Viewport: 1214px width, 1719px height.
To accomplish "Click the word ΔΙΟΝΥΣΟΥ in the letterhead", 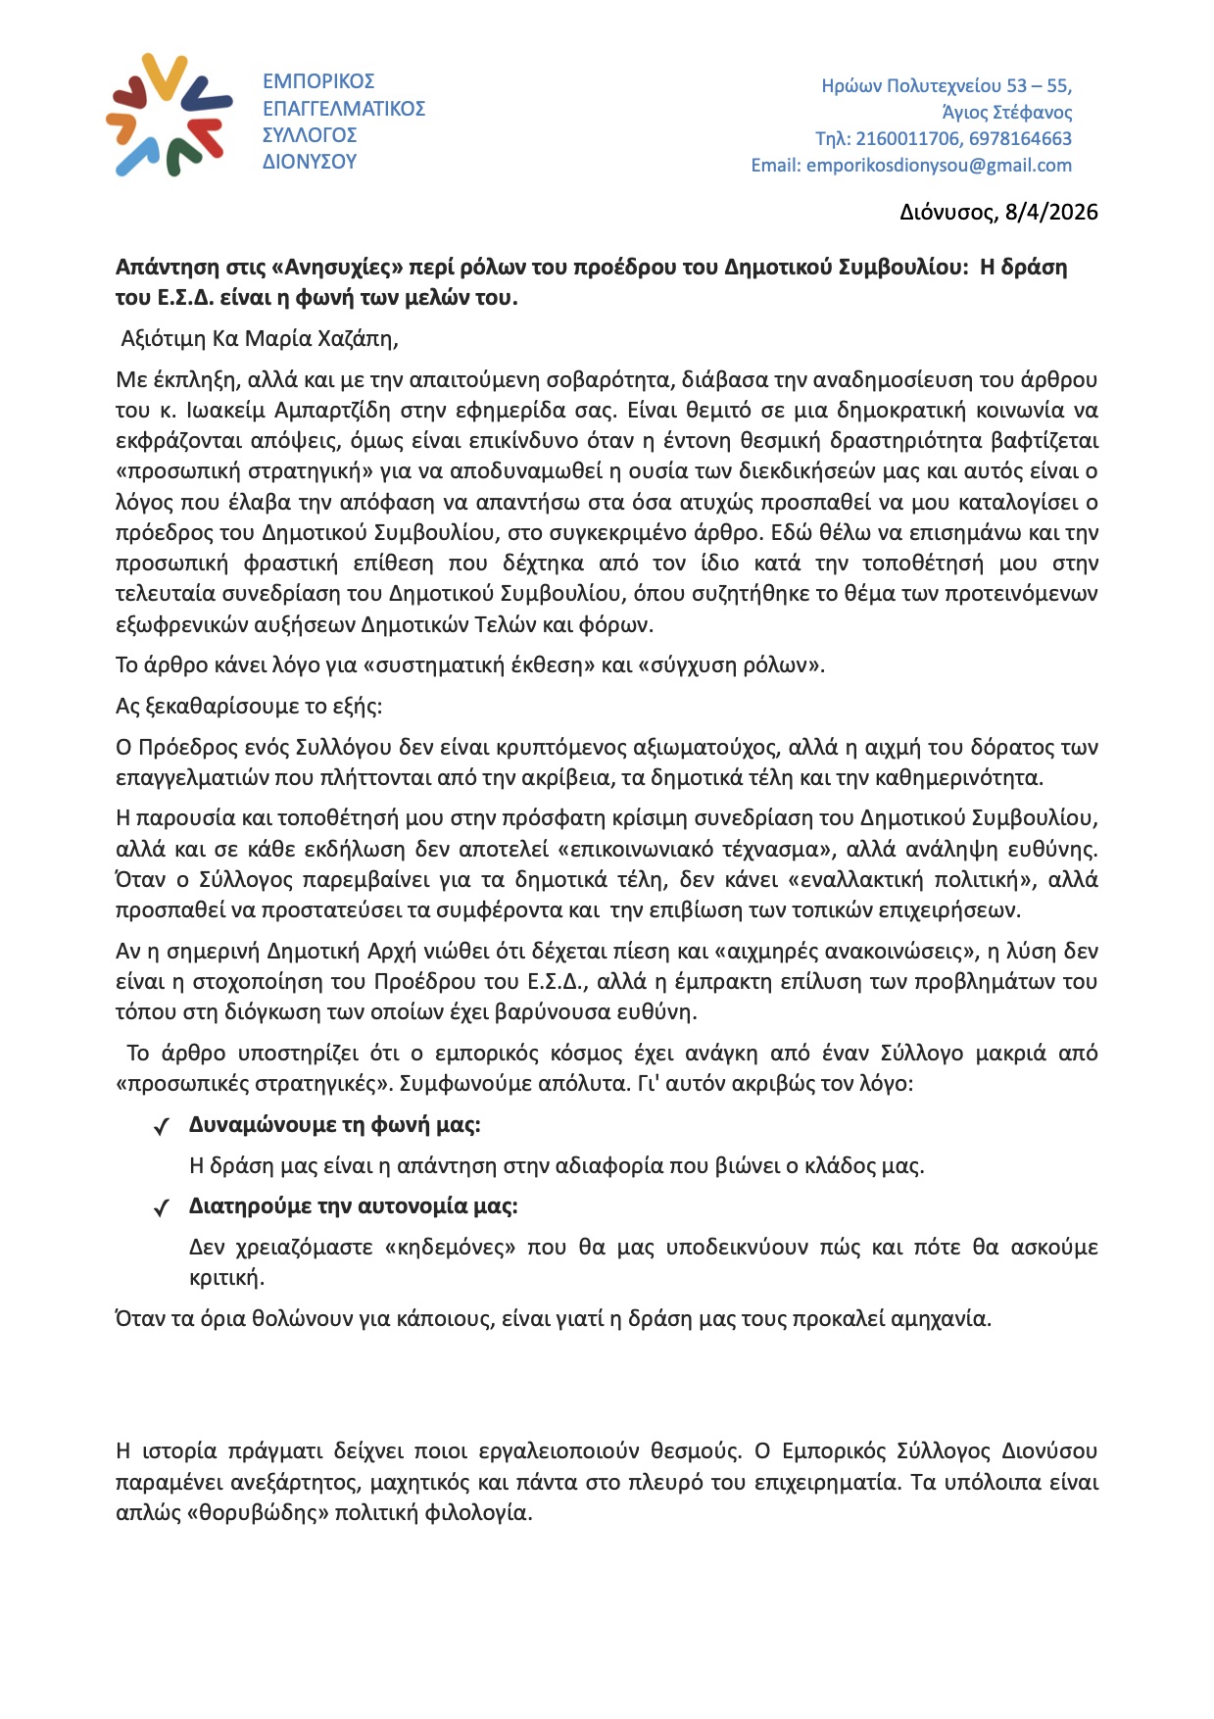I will [310, 162].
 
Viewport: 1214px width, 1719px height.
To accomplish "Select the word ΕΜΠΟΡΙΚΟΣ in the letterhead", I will [318, 81].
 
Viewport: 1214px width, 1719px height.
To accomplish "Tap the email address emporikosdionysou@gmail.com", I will [939, 166].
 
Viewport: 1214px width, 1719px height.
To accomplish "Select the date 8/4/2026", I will [1051, 213].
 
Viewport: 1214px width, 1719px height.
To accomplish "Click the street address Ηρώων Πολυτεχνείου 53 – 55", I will [947, 86].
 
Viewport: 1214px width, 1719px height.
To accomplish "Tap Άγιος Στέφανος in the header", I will [1006, 113].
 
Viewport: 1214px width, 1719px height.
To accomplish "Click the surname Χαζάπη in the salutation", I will [356, 339].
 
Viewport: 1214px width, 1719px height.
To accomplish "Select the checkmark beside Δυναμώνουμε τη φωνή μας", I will [163, 1127].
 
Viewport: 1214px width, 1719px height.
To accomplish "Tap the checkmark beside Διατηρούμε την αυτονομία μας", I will [163, 1208].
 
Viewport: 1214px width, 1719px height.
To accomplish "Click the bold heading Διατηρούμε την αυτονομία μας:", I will [353, 1206].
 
